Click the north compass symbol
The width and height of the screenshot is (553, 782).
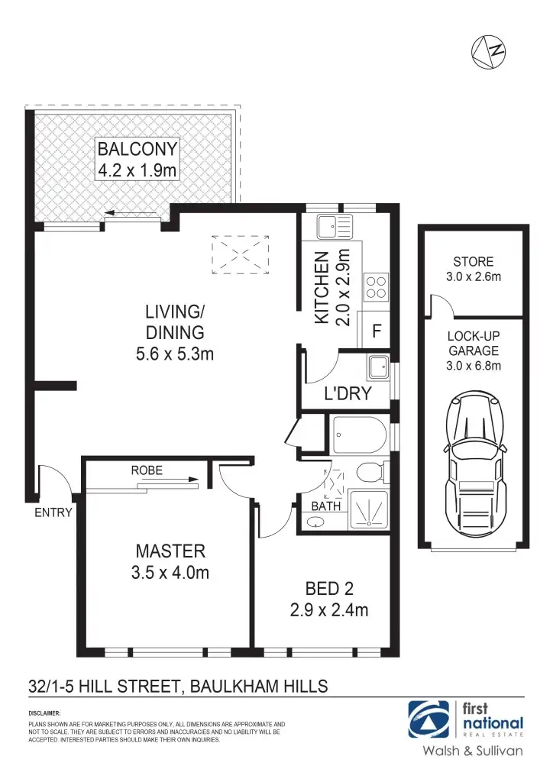[488, 50]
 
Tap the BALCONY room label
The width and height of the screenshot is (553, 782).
[137, 149]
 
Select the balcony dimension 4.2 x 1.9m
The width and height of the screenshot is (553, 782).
[137, 170]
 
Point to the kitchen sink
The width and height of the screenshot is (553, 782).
[335, 225]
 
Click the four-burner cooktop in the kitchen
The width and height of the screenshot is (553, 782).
[376, 286]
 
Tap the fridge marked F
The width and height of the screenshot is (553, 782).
[376, 332]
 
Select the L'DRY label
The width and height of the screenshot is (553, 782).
[348, 394]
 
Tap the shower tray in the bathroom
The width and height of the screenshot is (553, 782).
[368, 509]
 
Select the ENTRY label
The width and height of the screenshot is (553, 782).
[53, 512]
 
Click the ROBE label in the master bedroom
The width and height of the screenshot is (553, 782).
[147, 470]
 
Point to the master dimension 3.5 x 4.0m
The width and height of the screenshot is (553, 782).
[170, 572]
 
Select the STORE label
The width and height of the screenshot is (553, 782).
[474, 261]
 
